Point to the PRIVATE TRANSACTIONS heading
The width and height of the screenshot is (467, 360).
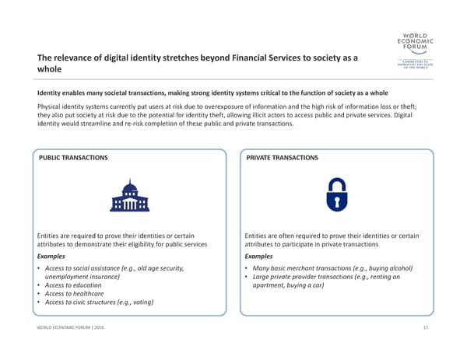click(x=281, y=158)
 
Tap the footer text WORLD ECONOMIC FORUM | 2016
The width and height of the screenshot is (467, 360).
click(x=72, y=329)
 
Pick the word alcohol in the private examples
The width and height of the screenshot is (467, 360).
click(x=399, y=268)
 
